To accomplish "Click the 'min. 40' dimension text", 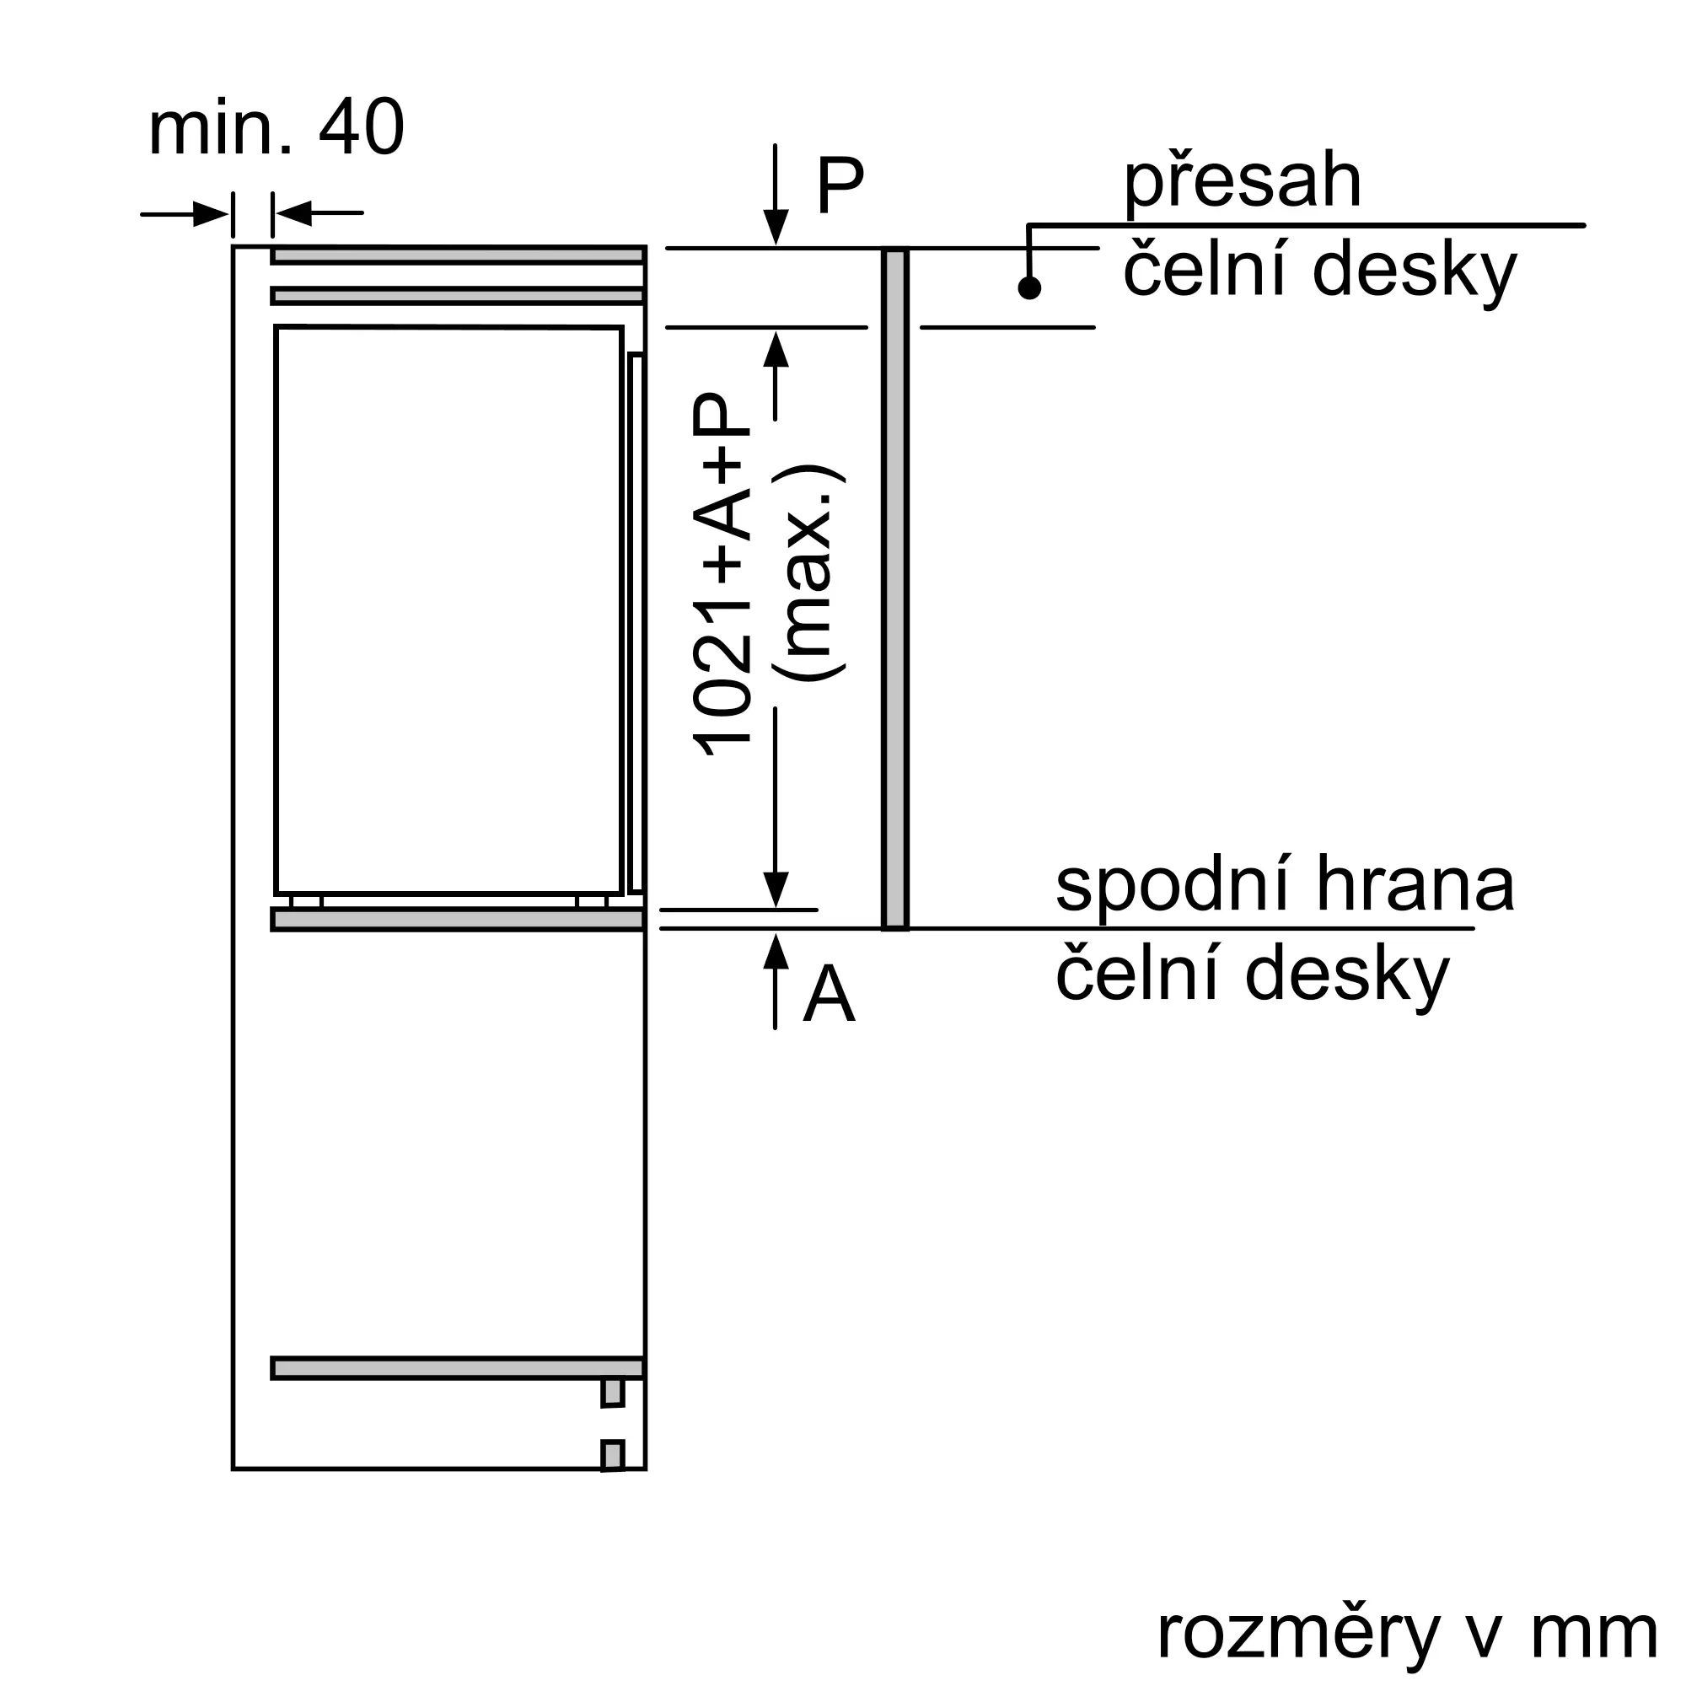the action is [x=276, y=129].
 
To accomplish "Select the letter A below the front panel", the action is [x=828, y=996].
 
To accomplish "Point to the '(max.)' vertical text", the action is [x=808, y=574].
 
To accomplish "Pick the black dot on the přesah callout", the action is [x=1030, y=288].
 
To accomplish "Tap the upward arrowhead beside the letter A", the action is [x=775, y=951].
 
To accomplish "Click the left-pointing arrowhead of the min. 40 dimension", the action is [x=293, y=213].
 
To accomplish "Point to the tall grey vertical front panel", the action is [x=895, y=589].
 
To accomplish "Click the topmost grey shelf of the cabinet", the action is [x=457, y=255].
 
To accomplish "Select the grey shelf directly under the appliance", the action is [x=457, y=920].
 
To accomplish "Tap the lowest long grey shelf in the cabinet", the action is [x=457, y=1368].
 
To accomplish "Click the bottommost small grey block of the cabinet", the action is [x=613, y=1456].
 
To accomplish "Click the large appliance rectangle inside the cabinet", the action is [x=448, y=611].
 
